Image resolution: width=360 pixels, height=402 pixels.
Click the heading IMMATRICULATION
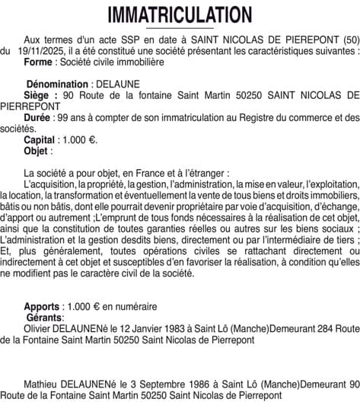180,14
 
